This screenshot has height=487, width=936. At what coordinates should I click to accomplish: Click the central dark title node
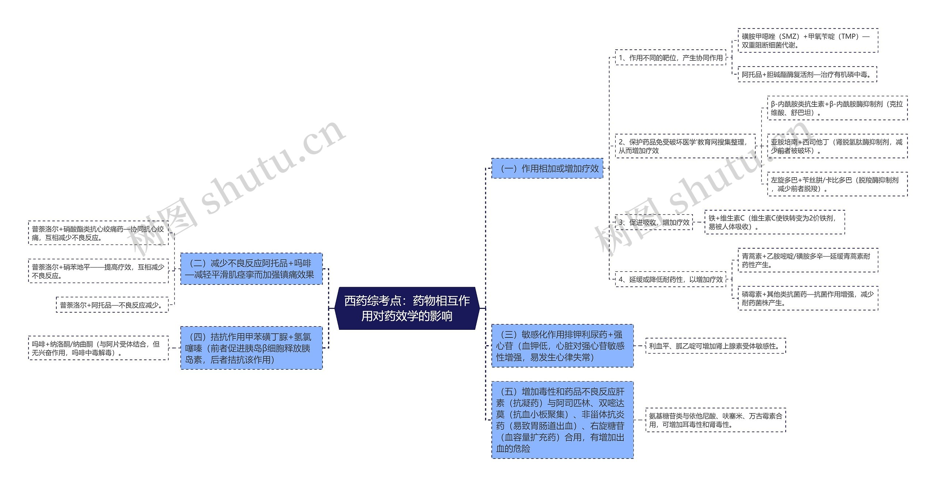point(407,308)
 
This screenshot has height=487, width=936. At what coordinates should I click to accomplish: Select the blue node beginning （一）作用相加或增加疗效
point(547,168)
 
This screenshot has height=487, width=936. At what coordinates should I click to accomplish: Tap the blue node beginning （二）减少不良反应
point(251,269)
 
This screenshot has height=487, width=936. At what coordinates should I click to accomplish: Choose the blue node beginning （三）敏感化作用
point(562,346)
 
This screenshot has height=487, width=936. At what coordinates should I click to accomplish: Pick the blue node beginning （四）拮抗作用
point(251,348)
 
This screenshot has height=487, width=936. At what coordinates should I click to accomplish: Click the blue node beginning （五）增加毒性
point(562,420)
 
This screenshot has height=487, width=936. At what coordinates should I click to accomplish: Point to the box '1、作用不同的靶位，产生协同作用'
point(670,57)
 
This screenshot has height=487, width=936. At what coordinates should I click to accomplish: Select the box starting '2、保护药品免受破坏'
point(685,146)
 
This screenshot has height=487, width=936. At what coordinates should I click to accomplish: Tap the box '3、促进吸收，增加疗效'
point(654,222)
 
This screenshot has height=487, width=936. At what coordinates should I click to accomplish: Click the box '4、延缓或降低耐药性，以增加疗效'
point(670,279)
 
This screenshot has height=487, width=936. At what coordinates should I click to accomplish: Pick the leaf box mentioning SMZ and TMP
point(807,40)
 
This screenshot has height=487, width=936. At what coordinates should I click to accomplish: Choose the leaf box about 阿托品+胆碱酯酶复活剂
point(807,74)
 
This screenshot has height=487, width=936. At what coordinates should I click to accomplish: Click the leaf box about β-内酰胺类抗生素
point(837,108)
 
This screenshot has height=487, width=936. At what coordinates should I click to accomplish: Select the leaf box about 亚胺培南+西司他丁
point(837,146)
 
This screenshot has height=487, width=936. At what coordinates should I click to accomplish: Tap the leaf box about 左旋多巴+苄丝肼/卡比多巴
point(837,184)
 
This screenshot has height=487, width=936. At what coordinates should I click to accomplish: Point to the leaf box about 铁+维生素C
point(774,222)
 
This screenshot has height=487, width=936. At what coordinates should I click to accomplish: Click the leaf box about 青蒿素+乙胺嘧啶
point(807,260)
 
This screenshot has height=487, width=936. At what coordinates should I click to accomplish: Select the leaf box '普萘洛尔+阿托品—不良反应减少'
point(112,305)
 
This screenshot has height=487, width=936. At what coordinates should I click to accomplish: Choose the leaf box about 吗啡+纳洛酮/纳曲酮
point(98,348)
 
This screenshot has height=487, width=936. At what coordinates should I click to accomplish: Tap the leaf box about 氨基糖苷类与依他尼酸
point(716,420)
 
